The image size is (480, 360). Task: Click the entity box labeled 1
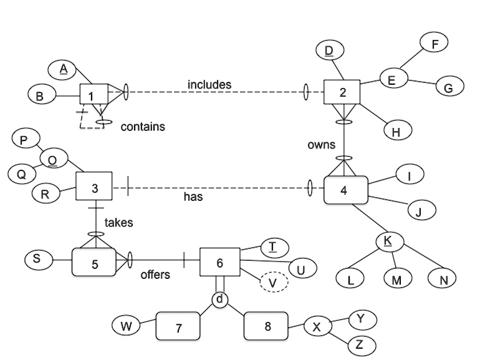91,95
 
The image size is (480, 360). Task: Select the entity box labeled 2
342,92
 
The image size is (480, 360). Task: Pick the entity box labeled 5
94,263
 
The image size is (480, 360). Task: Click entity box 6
219,262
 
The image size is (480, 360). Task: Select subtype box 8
267,326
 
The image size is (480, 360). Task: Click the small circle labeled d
219,299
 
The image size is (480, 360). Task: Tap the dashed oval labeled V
273,283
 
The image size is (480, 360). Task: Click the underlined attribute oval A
63,69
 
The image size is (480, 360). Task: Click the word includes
209,84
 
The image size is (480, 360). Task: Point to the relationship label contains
143,127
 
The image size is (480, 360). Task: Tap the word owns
322,145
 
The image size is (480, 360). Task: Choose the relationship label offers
155,275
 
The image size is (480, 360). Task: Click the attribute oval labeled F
434,44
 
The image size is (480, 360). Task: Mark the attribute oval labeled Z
358,344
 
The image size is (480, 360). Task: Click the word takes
118,222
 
